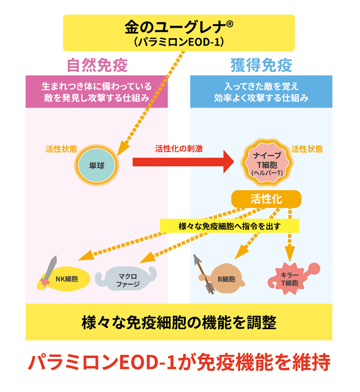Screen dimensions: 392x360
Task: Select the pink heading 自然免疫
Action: pos(97,66)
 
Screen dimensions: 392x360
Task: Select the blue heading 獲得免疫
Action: pos(261,66)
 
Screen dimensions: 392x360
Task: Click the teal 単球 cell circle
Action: pos(97,165)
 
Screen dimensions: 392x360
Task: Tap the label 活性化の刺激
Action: pos(179,149)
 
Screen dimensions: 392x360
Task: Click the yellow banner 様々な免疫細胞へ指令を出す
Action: pos(229,226)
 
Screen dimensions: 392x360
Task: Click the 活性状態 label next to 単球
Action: pos(61,149)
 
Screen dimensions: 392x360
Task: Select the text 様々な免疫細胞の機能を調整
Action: pos(179,322)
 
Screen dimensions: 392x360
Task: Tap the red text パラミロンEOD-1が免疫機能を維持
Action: pos(179,363)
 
